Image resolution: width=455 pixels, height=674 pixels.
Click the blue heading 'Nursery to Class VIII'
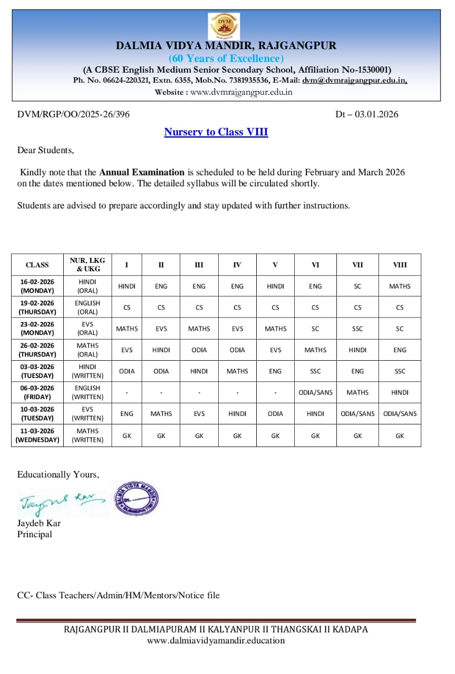[x=216, y=132]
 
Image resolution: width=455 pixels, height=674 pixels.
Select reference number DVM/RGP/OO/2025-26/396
[x=73, y=114]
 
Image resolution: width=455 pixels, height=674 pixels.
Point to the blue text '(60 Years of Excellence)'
[x=226, y=58]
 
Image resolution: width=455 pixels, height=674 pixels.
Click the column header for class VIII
[x=400, y=265]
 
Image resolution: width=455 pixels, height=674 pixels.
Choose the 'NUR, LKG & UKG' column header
[x=88, y=264]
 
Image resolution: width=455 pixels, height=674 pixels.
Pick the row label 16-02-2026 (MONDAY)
[x=37, y=286]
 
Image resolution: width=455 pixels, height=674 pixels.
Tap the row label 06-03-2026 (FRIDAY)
[x=37, y=392]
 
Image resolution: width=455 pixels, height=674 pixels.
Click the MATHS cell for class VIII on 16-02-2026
[x=400, y=286]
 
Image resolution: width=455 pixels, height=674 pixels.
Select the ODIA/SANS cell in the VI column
[x=315, y=392]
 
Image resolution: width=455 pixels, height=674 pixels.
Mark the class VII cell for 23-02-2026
[x=357, y=329]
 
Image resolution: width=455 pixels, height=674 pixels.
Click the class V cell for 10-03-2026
[x=275, y=413]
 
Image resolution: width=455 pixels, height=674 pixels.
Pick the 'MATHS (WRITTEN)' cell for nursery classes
[x=88, y=435]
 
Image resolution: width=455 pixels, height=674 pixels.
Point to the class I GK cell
[x=127, y=435]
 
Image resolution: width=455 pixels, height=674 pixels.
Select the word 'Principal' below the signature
[x=35, y=534]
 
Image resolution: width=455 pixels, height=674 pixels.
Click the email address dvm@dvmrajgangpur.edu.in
[x=354, y=81]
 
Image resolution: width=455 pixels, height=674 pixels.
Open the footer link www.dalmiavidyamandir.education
[x=216, y=640]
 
